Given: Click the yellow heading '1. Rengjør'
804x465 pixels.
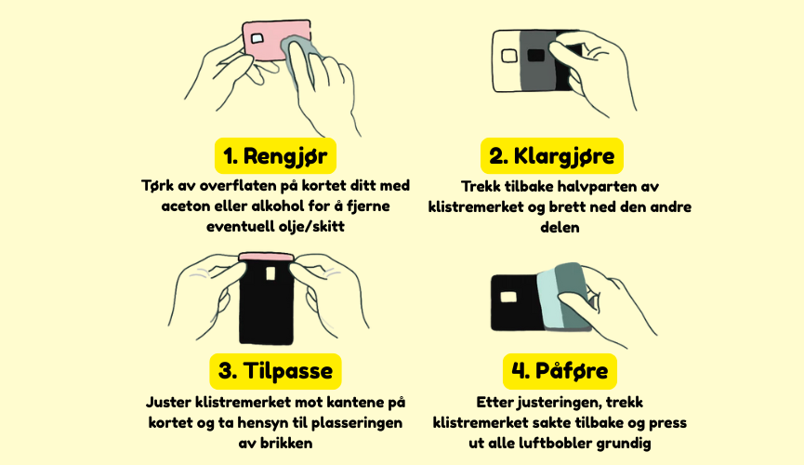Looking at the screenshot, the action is [275, 156].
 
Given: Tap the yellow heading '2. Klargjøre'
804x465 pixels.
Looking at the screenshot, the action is [552, 156].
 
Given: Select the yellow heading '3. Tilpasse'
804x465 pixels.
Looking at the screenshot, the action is [275, 371].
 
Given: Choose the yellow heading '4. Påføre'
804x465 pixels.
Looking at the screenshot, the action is [560, 371].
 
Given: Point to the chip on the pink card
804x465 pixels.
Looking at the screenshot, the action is [257, 38].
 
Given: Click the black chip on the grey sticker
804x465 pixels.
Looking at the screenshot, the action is [535, 55].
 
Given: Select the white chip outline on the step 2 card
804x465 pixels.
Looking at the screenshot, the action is [509, 56].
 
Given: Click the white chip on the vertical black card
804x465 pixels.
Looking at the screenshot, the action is [270, 273].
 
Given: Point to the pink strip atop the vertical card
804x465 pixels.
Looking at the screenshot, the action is [266, 257].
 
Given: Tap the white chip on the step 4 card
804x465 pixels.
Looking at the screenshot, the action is [508, 297].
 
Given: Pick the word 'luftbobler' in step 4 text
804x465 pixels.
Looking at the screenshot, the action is [559, 443].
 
